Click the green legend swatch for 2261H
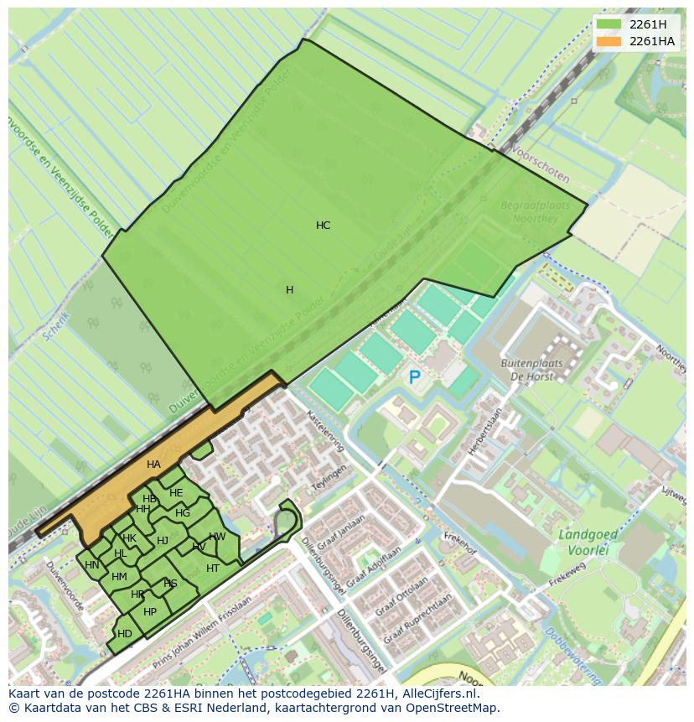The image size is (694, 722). tap(610, 24)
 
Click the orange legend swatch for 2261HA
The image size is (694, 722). tap(610, 41)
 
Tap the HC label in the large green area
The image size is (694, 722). tap(323, 226)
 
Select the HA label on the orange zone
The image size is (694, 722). tap(153, 465)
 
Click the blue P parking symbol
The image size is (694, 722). tap(414, 378)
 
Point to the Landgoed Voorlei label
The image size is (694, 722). tap(588, 541)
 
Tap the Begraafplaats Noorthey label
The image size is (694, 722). tap(535, 212)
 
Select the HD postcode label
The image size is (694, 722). tap(125, 634)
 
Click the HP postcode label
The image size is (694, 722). tap(150, 612)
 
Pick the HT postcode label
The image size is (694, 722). tap(213, 569)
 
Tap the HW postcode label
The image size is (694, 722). tap(217, 537)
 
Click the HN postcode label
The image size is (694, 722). tap(92, 565)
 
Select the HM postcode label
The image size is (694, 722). tap(119, 577)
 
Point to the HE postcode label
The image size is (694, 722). tap(176, 493)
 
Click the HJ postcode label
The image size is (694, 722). tap(163, 541)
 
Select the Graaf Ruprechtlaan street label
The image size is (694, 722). tap(417, 619)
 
